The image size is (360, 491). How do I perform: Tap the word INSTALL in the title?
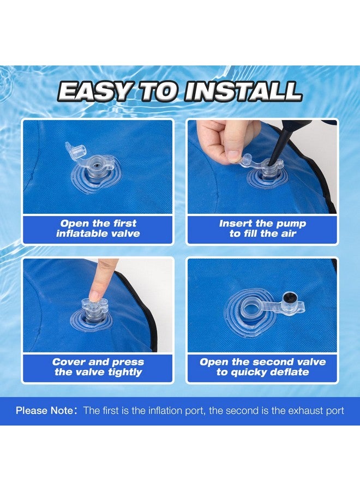click(243, 92)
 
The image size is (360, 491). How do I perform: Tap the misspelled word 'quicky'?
click(247, 372)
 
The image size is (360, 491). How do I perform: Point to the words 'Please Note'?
click(44, 410)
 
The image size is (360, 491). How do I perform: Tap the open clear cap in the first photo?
click(76, 148)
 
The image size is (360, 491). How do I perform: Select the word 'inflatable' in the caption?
click(80, 233)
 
